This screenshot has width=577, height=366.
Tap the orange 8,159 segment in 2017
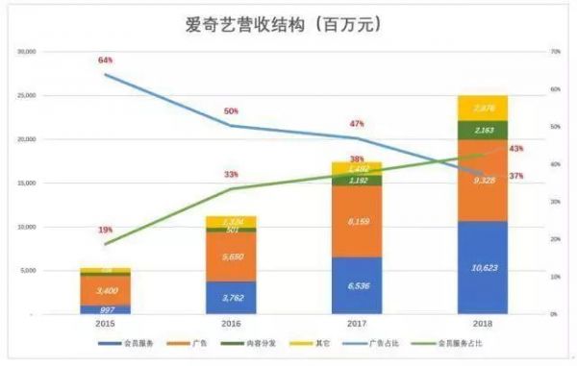click(356, 222)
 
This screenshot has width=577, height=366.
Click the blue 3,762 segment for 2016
click(231, 297)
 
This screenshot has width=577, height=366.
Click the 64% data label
click(106, 61)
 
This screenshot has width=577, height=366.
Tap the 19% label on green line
click(105, 231)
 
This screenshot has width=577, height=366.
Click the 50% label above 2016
click(231, 111)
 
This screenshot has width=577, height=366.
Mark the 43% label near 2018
click(515, 149)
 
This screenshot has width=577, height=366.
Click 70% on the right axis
click(555, 51)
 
